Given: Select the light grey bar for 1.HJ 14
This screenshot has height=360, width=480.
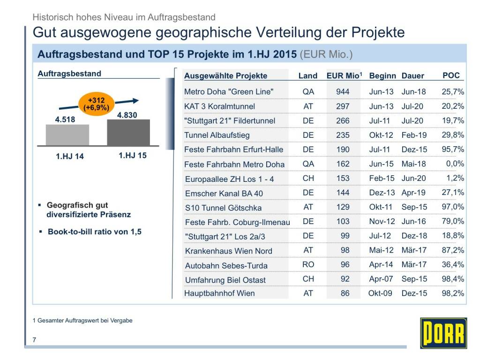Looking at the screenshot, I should tap(67, 135).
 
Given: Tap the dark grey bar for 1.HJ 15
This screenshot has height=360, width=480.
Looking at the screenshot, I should tap(128, 133).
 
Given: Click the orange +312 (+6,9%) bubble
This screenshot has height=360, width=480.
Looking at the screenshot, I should tap(96, 104).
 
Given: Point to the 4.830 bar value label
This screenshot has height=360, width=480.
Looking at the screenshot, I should tap(127, 115).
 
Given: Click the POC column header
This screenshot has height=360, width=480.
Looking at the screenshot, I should tap(451, 75).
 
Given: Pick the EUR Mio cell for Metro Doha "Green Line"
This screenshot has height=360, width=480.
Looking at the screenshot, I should tap(343, 92).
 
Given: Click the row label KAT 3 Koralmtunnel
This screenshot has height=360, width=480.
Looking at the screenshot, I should tap(220, 106).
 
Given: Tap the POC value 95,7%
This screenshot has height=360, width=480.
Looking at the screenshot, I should tap(453, 150).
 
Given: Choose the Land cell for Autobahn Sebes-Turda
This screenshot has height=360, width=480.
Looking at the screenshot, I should tap(308, 265).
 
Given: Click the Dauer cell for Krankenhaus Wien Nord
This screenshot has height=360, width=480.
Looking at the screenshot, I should tap(414, 251).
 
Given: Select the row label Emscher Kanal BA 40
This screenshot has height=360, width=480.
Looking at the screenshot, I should tap(224, 193).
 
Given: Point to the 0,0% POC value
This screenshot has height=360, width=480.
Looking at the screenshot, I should tap(455, 164).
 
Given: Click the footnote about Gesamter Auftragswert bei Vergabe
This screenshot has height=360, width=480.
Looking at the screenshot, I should tap(82, 321).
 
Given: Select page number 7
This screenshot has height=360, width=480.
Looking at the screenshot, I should tap(34, 340).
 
